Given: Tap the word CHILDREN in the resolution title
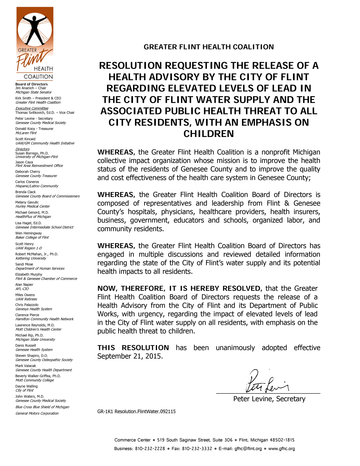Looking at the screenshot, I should [209, 134].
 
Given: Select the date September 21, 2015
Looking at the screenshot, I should [130, 356].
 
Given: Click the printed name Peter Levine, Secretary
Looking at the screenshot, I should [269, 399].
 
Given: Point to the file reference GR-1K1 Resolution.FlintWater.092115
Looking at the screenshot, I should [136, 411].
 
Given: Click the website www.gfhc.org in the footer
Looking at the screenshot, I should [282, 448].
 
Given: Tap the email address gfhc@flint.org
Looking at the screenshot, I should [248, 448].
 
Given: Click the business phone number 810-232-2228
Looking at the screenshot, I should [150, 448].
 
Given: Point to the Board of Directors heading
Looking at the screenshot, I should [31, 84].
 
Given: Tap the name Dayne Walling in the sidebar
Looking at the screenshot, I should [26, 386].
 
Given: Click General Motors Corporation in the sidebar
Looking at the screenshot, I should [37, 413].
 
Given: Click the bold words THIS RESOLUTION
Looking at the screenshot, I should [133, 348].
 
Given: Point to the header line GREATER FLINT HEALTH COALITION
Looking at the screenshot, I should [209, 47].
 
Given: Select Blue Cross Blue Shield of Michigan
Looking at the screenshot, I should [42, 407].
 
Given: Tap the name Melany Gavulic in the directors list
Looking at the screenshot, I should [27, 202].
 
